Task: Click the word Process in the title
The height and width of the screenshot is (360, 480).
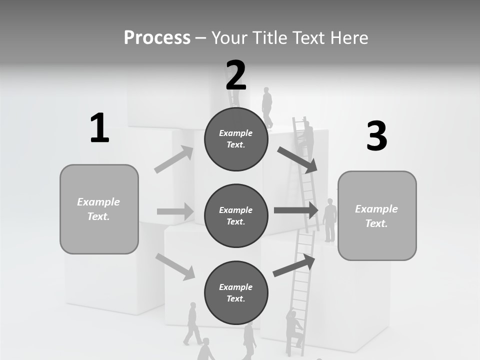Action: pos(157,38)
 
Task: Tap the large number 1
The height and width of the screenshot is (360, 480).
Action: pos(99,128)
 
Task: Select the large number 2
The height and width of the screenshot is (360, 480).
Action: pos(236,75)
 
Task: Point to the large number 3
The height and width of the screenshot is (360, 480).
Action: pos(376,136)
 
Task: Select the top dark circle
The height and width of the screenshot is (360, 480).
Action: pos(236,139)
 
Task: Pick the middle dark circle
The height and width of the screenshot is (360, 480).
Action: pos(236,216)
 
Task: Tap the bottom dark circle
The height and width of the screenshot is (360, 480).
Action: pos(236,293)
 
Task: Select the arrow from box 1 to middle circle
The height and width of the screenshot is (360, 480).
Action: pos(175,211)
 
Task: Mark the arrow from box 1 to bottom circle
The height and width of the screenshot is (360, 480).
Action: pos(175,266)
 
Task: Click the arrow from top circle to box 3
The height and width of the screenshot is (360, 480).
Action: pos(298,160)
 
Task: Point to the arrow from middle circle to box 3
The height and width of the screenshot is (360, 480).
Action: pos(296,210)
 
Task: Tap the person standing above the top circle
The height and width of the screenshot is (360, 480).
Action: pos(267,106)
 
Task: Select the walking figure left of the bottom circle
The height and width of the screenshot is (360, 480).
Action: pos(192,323)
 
